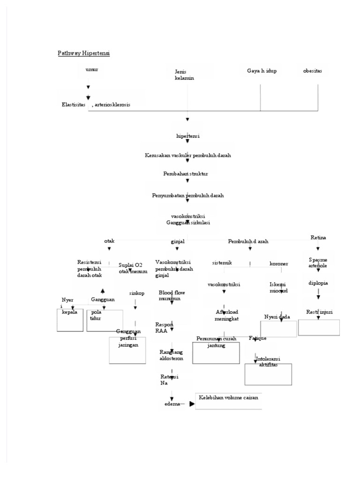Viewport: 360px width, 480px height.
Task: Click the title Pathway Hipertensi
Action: click(83, 53)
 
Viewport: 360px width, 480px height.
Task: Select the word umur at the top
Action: click(92, 69)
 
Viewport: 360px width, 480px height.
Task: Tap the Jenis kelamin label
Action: click(184, 75)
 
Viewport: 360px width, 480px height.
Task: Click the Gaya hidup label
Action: click(262, 71)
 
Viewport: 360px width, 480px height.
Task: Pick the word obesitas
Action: click(312, 71)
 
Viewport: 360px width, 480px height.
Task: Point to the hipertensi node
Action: click(187, 136)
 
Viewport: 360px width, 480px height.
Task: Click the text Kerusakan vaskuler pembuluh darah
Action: click(187, 155)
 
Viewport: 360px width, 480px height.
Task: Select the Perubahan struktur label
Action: click(186, 173)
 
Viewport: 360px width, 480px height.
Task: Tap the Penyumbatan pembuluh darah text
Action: click(187, 195)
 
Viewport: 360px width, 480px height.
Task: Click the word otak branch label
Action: click(109, 241)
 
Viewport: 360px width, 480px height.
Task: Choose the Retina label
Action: click(318, 238)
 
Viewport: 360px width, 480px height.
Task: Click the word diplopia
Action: click(318, 283)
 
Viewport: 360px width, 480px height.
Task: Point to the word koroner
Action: click(278, 263)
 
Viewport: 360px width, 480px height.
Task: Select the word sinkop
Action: click(137, 293)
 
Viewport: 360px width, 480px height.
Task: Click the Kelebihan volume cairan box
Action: click(228, 401)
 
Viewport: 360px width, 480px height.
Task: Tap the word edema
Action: click(172, 405)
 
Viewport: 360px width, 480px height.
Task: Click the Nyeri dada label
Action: click(277, 317)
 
